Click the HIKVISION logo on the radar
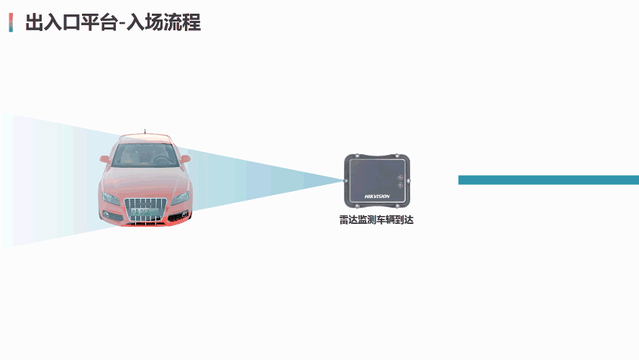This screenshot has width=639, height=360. [x=377, y=196]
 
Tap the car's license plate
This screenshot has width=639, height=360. [x=140, y=212]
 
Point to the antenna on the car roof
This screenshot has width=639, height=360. [x=145, y=132]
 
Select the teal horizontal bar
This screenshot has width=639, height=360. [x=548, y=180]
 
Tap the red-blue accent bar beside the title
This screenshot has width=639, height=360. [x=11, y=22]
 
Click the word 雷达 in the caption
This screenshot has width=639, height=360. [x=348, y=220]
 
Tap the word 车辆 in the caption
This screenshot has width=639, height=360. [x=386, y=220]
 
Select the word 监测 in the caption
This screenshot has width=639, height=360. [x=367, y=220]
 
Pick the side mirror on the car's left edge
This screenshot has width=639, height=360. [x=105, y=158]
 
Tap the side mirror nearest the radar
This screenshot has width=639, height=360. [x=186, y=159]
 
